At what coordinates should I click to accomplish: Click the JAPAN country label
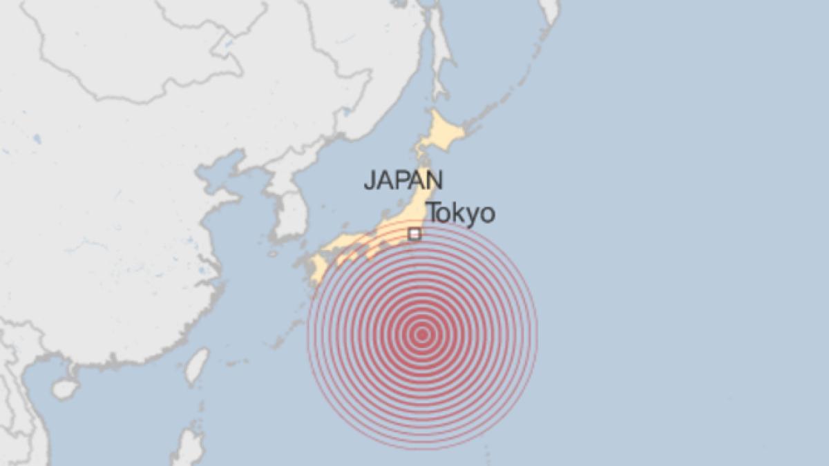coord(403,180)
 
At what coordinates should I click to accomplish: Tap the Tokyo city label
coord(460,213)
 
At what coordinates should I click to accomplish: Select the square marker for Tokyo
coord(414,234)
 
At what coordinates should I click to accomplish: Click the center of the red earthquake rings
coord(422,335)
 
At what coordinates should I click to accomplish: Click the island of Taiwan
coord(197,365)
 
